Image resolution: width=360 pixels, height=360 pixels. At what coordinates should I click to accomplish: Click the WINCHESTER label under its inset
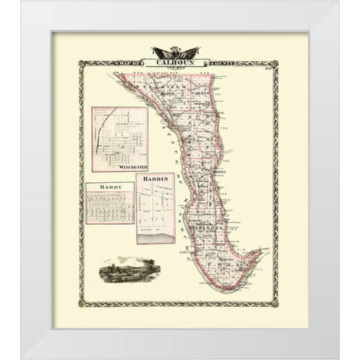point(132,167)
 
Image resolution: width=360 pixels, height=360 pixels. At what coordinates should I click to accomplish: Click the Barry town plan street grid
point(109,206)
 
